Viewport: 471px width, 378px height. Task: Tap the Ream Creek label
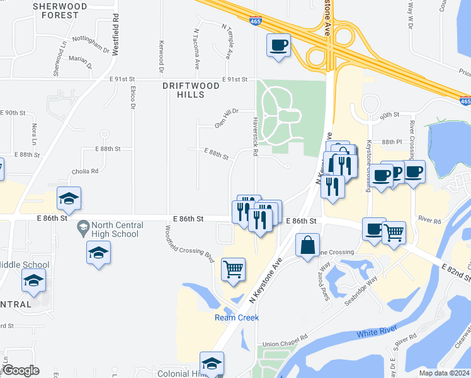click(x=237, y=318)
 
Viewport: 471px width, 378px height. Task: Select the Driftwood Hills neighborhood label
click(x=191, y=90)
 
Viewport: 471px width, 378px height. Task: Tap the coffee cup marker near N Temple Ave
click(x=278, y=45)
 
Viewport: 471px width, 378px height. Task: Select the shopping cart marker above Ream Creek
click(x=233, y=269)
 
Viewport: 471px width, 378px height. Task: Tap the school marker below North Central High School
click(x=98, y=253)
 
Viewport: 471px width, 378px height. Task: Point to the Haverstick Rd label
click(x=255, y=135)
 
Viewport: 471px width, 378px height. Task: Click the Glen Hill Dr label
click(x=227, y=118)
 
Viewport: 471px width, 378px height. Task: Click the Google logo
click(x=20, y=370)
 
